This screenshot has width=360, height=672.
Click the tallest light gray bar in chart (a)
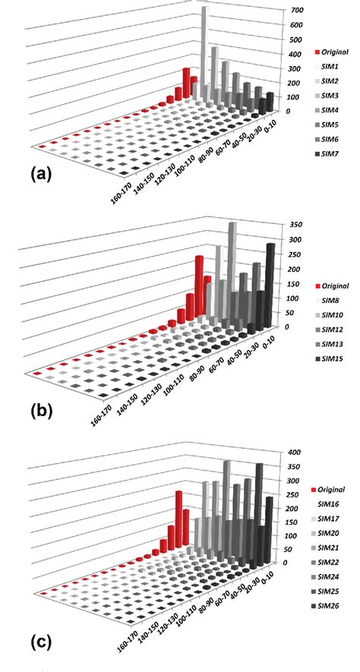pos(204,42)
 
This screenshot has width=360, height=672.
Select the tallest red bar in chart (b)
pos(199,281)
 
